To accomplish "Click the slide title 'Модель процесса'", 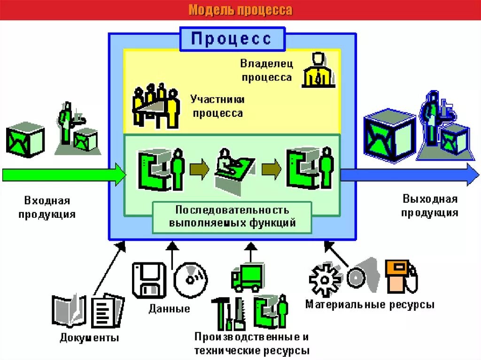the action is pyautogui.click(x=240, y=10).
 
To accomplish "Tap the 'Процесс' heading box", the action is pyautogui.click(x=232, y=38).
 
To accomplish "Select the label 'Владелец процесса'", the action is pyautogui.click(x=266, y=70).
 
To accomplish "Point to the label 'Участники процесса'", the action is pyautogui.click(x=217, y=106).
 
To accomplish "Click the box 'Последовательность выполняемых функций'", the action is pyautogui.click(x=233, y=216).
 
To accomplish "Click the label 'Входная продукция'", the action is pyautogui.click(x=47, y=207).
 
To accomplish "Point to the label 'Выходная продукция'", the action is pyautogui.click(x=430, y=206).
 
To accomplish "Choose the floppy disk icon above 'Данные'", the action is pyautogui.click(x=148, y=280).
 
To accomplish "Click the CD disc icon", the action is pyautogui.click(x=191, y=280).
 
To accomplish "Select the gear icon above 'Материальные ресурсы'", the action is pyautogui.click(x=325, y=280).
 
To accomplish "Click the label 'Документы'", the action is pyautogui.click(x=89, y=338).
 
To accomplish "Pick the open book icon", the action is pyautogui.click(x=69, y=311).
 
